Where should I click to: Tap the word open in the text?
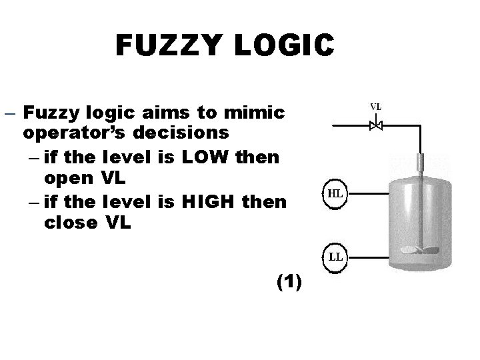(x=68, y=179)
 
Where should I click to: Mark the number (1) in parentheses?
(x=288, y=283)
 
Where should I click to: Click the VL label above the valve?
(x=376, y=106)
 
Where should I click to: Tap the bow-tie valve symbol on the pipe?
(x=376, y=125)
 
